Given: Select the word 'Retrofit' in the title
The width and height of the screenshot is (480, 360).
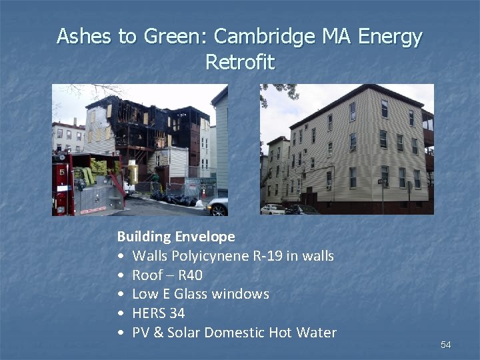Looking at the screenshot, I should coord(240,62).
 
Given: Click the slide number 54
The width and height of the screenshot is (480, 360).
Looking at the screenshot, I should coord(445,345).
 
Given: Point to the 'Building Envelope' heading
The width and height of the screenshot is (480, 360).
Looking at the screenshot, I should coord(176,236).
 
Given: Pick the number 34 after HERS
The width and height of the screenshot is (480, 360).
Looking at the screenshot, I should coord(177,313).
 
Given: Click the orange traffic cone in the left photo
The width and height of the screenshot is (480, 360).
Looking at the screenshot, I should coord(203,193).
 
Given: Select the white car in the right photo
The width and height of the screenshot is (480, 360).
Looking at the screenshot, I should coord(273,209).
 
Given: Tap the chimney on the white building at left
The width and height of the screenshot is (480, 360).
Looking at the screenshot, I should coord(75,122).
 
